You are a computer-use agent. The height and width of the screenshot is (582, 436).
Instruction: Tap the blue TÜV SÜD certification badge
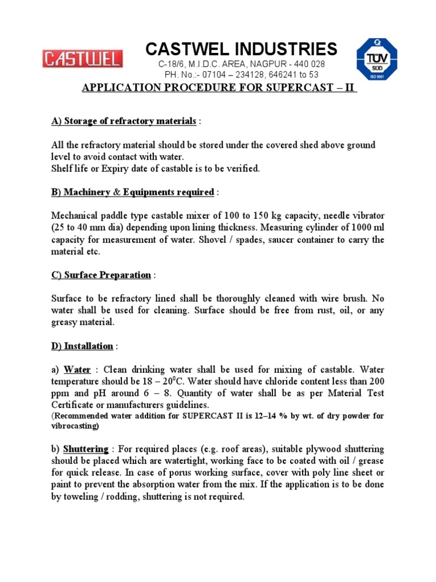(376, 59)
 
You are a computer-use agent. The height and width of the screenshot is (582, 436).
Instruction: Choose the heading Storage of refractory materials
(130, 121)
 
